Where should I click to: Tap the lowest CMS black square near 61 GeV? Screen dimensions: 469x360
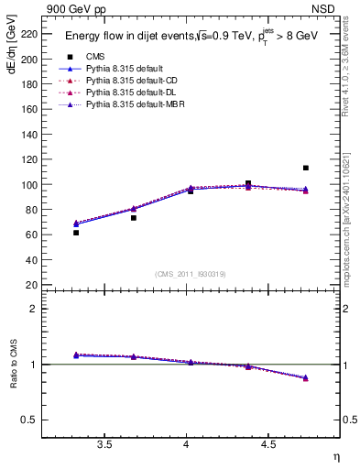click(76, 233)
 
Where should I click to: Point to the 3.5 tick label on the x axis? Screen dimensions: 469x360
click(104, 445)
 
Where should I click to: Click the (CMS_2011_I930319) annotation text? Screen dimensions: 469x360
click(191, 273)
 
